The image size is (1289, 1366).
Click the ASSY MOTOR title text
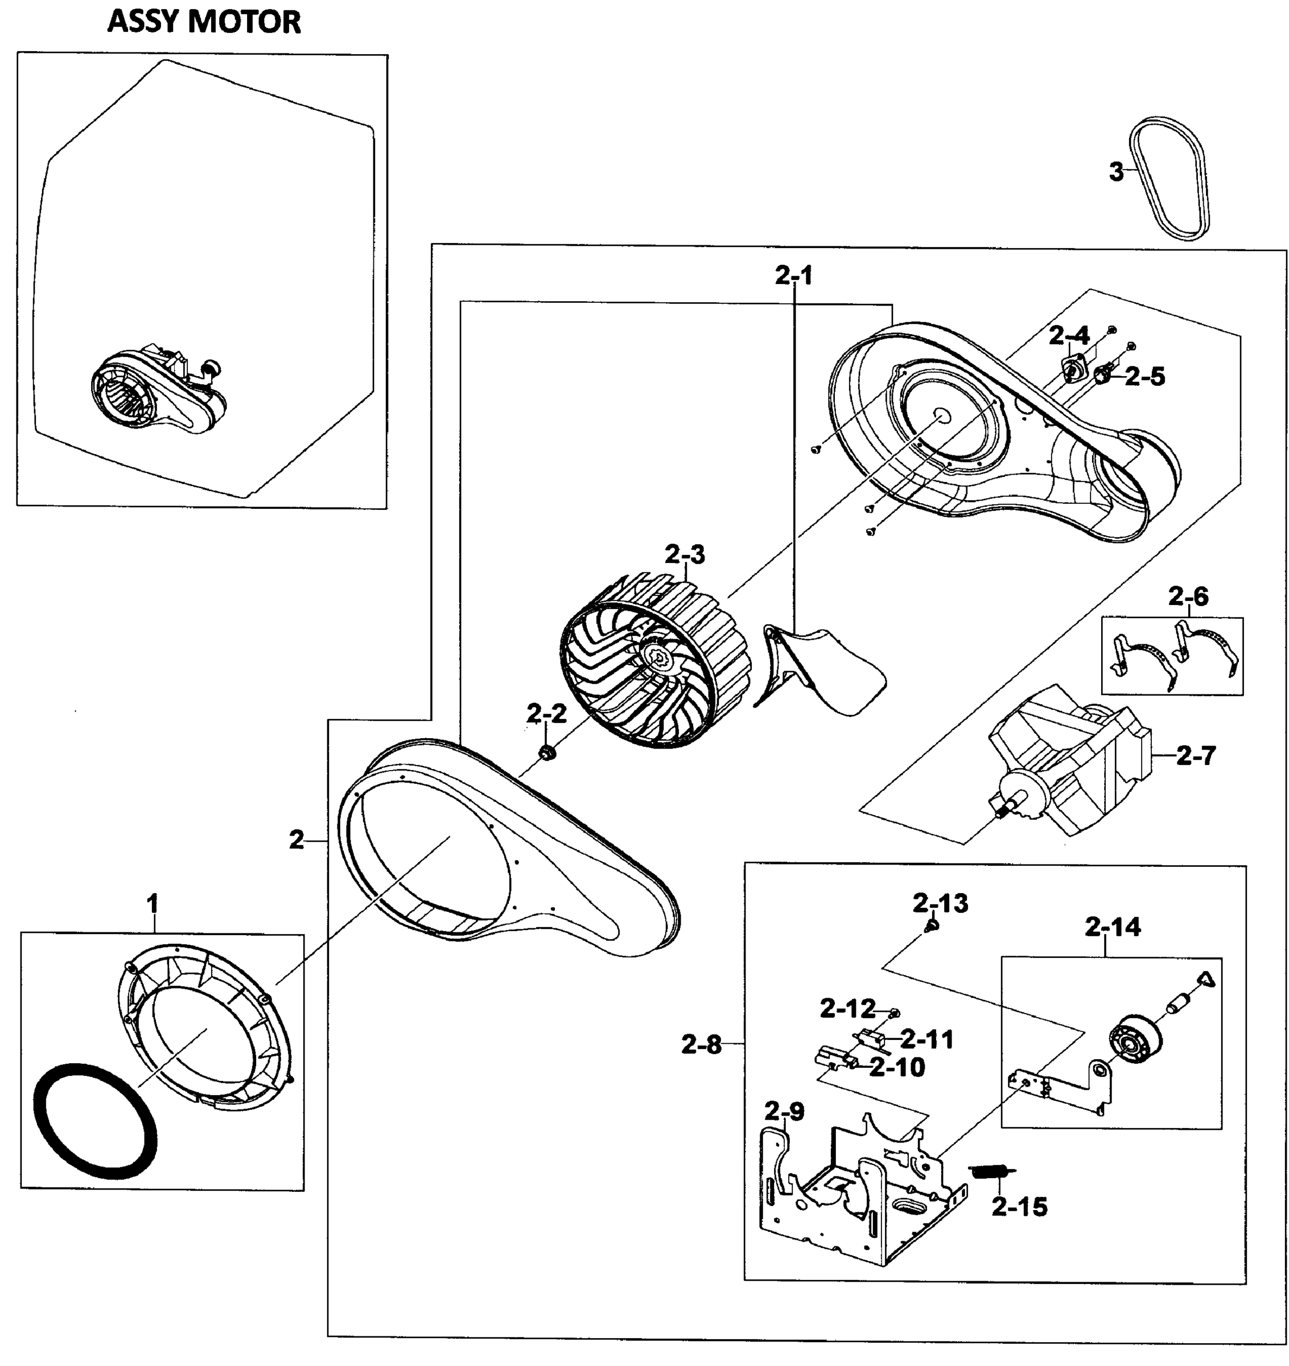[204, 23]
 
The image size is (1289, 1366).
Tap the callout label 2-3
[685, 554]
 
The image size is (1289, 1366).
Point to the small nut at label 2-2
[548, 754]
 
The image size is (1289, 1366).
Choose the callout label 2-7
[1196, 756]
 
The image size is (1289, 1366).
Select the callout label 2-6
[1188, 596]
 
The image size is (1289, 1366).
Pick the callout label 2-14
[1113, 928]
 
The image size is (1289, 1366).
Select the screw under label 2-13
[932, 927]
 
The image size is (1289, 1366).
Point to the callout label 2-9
[784, 1111]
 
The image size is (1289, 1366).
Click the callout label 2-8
[702, 1045]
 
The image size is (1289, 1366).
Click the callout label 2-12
[847, 1009]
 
